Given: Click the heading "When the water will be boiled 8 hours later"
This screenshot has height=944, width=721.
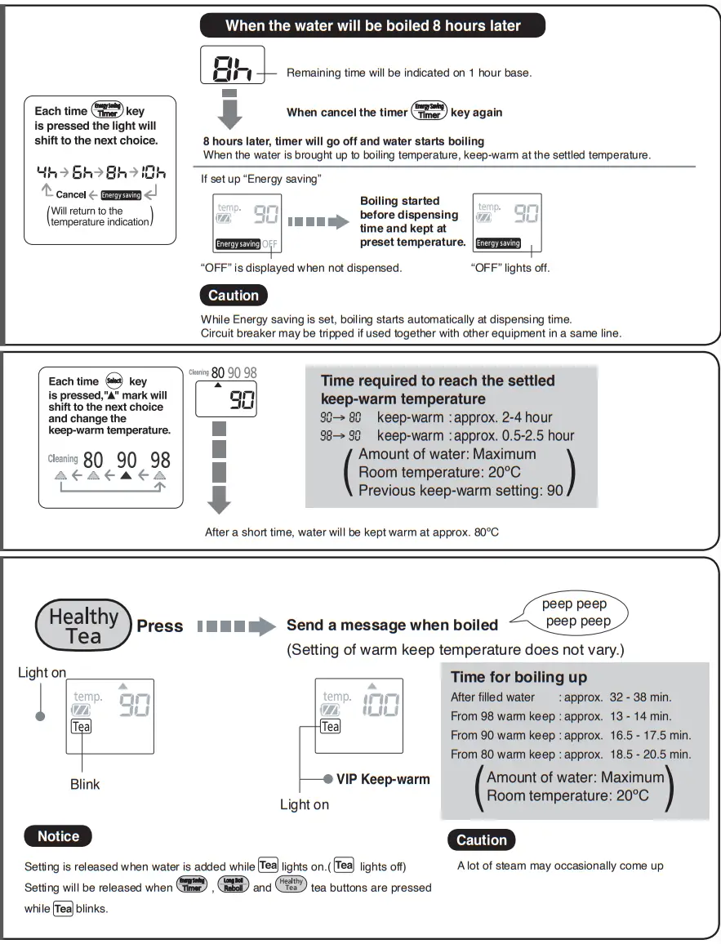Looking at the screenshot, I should pos(372,25).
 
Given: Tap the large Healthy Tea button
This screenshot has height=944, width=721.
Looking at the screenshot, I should pos(83,626).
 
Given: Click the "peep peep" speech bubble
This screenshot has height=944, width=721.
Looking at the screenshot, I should pos(575,612).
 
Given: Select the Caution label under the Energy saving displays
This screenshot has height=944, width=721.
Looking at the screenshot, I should pos(233,296).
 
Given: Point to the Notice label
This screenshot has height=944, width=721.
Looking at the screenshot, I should pos(59,836).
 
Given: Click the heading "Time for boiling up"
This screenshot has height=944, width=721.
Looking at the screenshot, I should pos(518,676).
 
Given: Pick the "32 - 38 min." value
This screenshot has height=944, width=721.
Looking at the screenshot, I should pos(640,697).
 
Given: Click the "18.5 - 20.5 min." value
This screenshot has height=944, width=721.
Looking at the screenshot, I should pos(650,755).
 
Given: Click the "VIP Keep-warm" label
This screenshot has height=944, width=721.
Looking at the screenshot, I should pos(383,779).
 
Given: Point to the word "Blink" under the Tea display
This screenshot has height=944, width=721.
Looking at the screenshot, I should pos(85,784).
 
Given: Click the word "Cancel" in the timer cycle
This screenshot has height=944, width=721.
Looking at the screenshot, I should pos(71,195).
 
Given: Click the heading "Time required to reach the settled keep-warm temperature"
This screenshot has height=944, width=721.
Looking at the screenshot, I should pos(437,390).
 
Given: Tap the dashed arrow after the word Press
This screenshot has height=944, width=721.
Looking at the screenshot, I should pos(237,627).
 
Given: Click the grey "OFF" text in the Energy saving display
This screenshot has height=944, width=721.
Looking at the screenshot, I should pos(269,243).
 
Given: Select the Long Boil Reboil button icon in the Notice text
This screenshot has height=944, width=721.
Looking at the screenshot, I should pos(233,884).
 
